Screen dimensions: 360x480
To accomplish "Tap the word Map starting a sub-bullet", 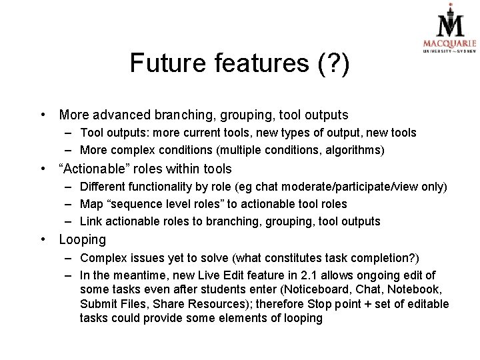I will point(91,204).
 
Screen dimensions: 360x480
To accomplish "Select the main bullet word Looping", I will point(82,239).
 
